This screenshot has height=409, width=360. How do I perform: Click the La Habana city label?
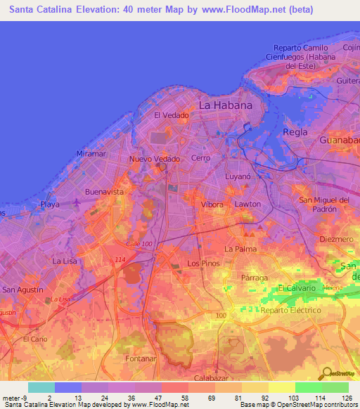pos(225,105)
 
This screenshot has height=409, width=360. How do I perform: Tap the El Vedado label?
pos(172,115)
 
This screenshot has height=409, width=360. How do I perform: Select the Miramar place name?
pos(91,153)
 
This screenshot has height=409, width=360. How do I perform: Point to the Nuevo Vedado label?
pos(155,160)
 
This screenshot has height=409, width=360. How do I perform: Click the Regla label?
pos(295,131)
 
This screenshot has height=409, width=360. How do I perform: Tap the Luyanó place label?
pos(238,177)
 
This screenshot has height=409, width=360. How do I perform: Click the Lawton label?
pos(247,204)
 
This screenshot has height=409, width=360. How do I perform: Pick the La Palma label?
pos(240,249)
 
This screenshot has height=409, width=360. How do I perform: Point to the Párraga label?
pos(255,278)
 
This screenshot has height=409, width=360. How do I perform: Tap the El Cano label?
pos(34,339)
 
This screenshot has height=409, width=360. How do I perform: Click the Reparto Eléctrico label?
pos(290,310)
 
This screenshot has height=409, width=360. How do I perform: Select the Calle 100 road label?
pos(139,243)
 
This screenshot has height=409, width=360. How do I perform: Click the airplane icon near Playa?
pos(75,204)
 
